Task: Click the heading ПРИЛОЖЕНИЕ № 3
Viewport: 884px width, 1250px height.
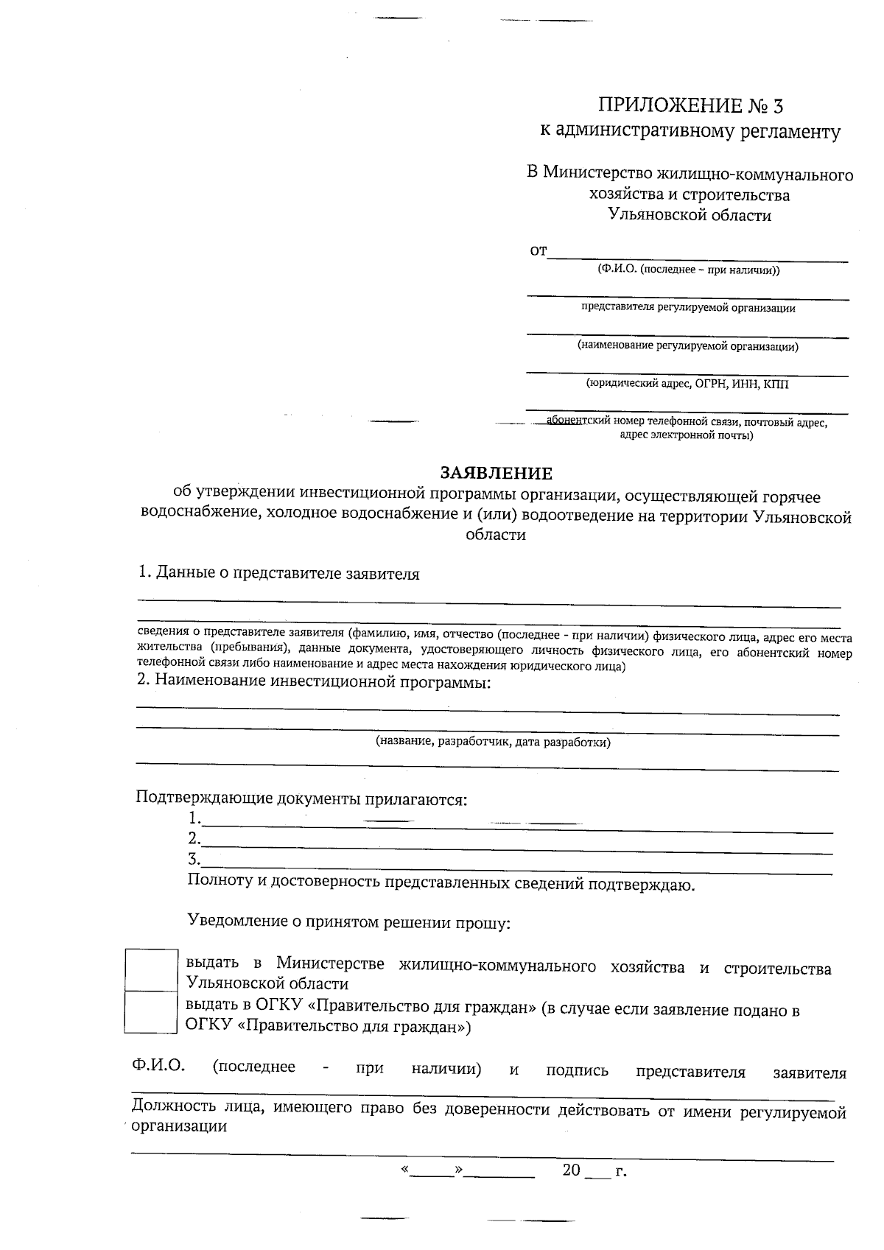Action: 690,106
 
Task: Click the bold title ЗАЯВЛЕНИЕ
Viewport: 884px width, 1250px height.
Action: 496,473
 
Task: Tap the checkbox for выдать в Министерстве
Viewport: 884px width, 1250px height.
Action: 151,970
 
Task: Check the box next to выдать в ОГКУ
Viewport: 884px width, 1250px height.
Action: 151,1011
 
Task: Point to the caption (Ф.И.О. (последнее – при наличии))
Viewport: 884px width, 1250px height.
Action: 689,270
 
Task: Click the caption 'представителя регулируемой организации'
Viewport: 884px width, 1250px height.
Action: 688,308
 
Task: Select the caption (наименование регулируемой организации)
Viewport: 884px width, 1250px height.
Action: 688,345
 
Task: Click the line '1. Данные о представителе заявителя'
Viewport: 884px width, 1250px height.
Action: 278,574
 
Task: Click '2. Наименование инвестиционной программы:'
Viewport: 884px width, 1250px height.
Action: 314,681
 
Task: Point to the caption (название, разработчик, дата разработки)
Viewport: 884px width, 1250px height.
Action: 493,742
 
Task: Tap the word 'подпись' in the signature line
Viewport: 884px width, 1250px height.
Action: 577,1070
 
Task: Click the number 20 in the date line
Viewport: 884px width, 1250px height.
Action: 572,1170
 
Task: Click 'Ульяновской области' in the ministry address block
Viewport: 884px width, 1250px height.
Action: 690,215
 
